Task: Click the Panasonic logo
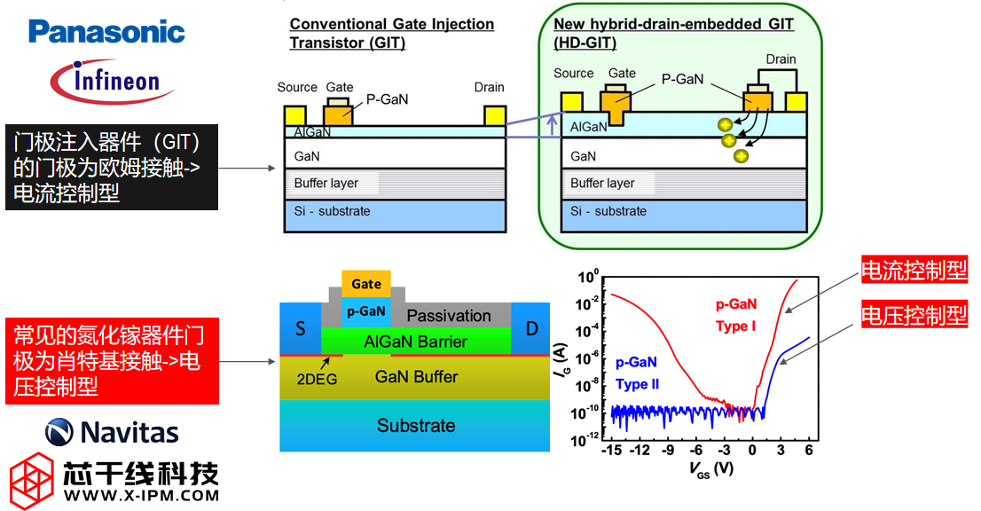[106, 33]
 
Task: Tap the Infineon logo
[110, 83]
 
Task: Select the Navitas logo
[112, 432]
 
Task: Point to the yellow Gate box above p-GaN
[365, 284]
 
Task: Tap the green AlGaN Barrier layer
[415, 342]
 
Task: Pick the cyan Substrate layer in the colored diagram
[415, 426]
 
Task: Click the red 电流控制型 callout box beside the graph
[914, 271]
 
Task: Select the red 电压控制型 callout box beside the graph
[914, 314]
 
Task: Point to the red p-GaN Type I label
[735, 315]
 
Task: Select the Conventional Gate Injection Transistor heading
[391, 33]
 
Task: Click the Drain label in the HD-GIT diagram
[781, 59]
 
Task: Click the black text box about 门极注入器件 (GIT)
[112, 168]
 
